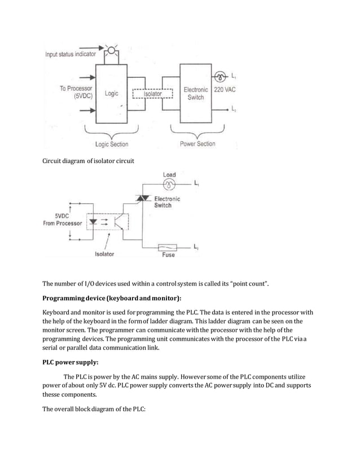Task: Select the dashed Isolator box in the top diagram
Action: [x=152, y=94]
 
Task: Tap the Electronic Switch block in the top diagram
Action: [x=195, y=94]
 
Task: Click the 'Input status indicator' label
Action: [x=71, y=54]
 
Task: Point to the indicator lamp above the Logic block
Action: [x=112, y=52]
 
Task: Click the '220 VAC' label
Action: [x=223, y=90]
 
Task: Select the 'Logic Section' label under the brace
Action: [x=111, y=144]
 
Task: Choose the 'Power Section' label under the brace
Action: [x=197, y=144]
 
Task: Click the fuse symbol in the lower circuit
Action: [x=168, y=247]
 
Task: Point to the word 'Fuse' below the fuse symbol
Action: [x=168, y=255]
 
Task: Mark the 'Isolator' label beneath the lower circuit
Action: [x=104, y=254]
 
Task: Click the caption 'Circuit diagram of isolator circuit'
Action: [x=89, y=161]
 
